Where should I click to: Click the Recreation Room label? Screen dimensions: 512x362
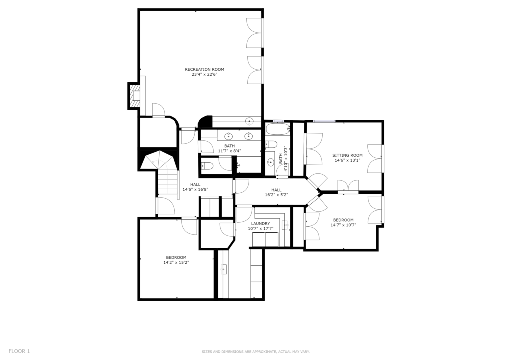click(x=204, y=69)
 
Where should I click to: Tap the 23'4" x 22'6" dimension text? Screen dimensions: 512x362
click(x=204, y=75)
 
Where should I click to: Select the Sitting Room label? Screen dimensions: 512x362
click(x=348, y=155)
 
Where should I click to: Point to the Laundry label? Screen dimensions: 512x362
click(x=261, y=224)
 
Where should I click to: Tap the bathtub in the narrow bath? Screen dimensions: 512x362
click(x=278, y=129)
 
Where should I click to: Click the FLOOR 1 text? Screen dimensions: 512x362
click(x=19, y=351)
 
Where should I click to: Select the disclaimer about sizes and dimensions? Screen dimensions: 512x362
click(x=255, y=352)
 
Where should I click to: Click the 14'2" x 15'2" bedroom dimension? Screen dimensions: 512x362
click(x=176, y=263)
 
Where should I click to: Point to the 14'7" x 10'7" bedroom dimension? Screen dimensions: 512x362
click(x=343, y=225)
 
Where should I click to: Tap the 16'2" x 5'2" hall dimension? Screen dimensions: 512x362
click(x=276, y=195)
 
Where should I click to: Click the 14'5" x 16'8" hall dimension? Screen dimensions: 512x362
click(x=195, y=189)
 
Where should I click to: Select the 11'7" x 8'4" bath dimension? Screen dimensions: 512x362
click(x=230, y=151)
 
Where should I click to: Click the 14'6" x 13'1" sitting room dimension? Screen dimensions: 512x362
click(x=348, y=160)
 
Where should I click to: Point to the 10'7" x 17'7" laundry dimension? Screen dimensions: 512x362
click(x=261, y=229)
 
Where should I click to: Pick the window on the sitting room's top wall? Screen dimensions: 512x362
click(x=324, y=121)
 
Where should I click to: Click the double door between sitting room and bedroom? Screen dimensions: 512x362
click(x=348, y=187)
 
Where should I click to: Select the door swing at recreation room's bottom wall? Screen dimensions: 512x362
click(x=159, y=110)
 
